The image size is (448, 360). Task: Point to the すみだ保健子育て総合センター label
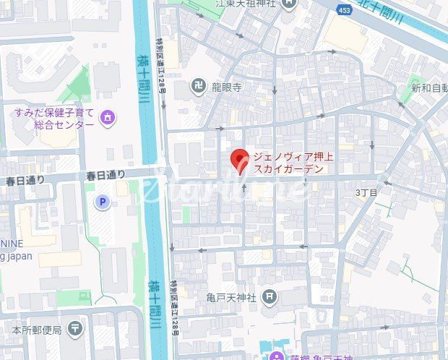pos(54,119)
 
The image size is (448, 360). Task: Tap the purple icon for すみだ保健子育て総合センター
pos(108,116)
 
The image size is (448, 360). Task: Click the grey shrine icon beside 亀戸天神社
pos(270,295)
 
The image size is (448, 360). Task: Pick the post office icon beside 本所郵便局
pos(75,329)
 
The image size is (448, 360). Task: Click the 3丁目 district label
pos(366,193)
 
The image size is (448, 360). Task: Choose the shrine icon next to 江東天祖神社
pos(290,4)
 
